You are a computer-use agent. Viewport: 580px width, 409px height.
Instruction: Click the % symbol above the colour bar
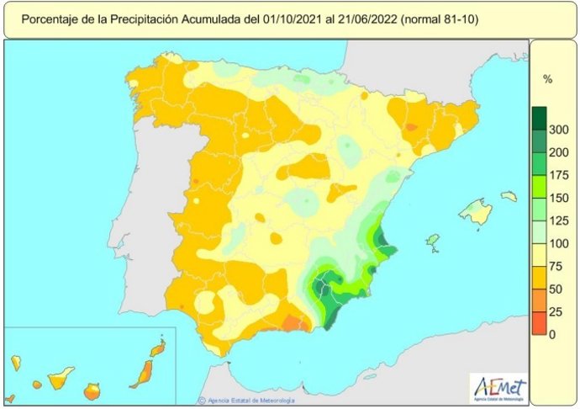(547, 80)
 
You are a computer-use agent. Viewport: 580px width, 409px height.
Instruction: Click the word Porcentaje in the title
(50, 18)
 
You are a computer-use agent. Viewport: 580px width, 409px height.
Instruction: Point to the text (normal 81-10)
(438, 18)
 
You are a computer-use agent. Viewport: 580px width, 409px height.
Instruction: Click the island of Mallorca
(476, 212)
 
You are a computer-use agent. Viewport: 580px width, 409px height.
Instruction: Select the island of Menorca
(509, 196)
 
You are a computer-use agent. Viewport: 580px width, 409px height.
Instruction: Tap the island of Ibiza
(433, 242)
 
